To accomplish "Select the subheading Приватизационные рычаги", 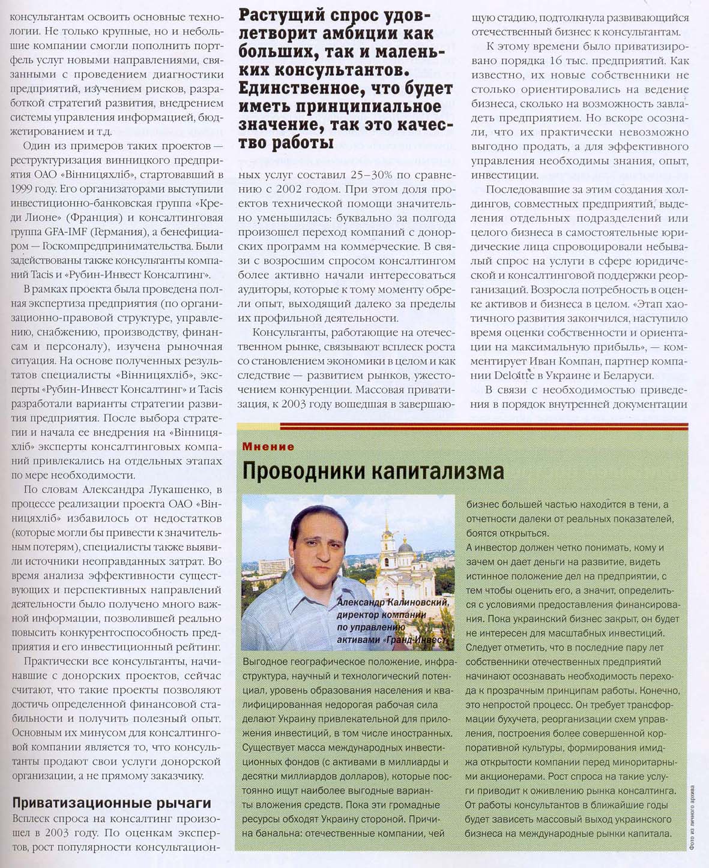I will (112, 803).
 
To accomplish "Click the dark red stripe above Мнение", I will (462, 427).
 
